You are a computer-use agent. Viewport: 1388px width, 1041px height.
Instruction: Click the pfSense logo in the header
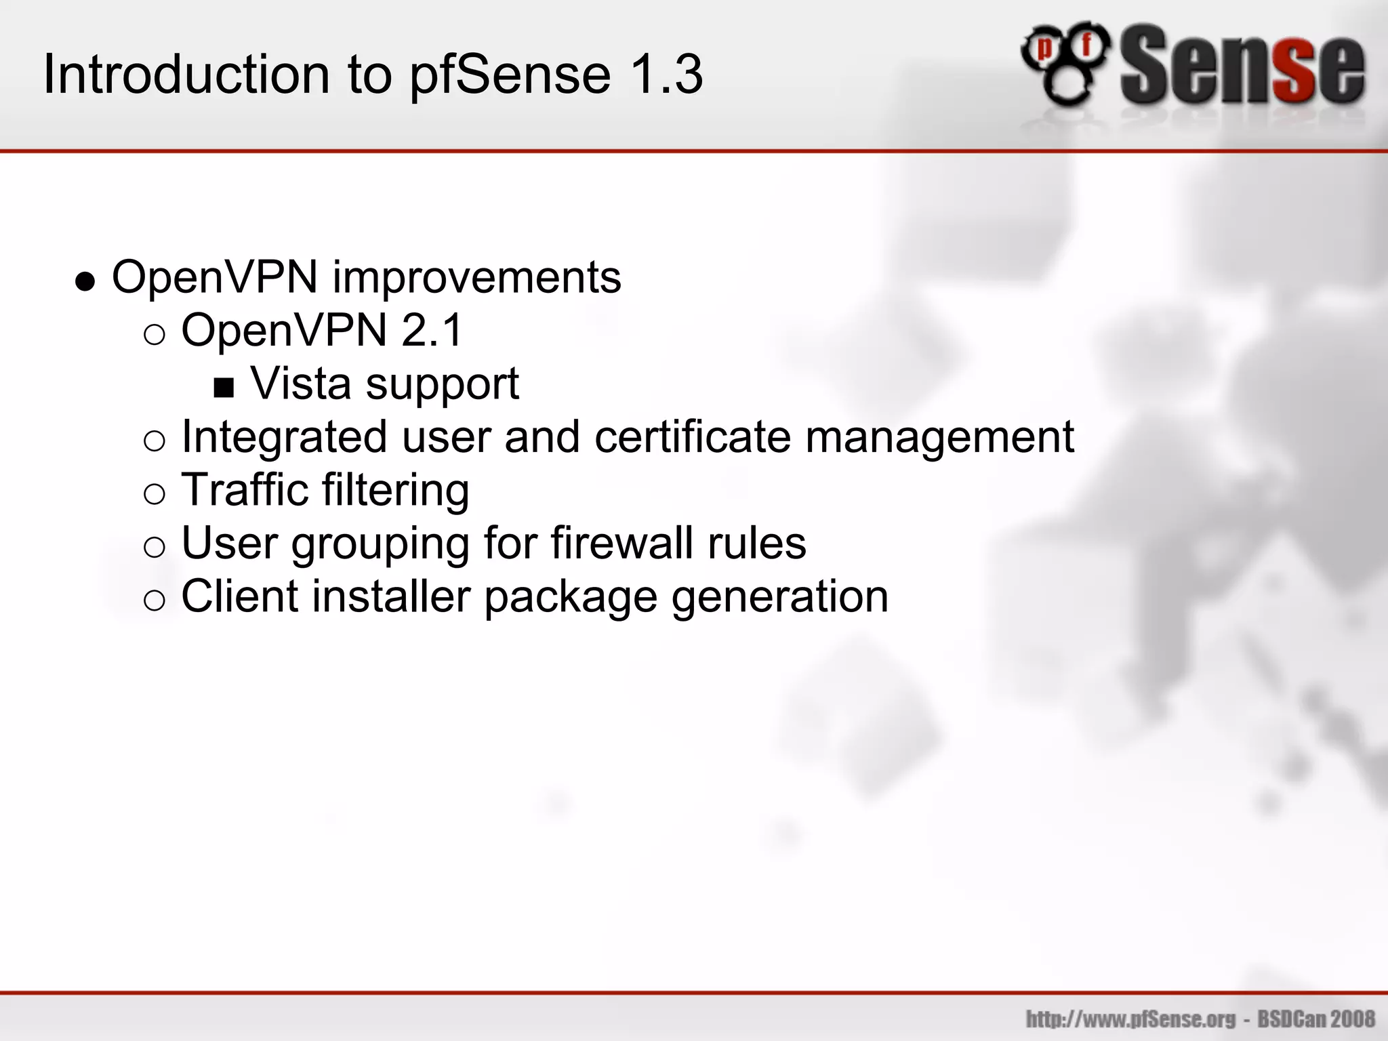point(1193,66)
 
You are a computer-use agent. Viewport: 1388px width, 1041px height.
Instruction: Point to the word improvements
point(476,278)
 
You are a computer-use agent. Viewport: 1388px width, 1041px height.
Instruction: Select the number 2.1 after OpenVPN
point(431,331)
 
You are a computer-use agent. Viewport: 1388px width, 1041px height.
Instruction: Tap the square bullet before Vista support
point(224,388)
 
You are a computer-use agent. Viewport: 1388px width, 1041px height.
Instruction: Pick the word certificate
point(693,436)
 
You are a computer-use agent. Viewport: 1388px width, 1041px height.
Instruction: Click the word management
point(939,438)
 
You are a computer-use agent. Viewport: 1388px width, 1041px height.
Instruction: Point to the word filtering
point(396,491)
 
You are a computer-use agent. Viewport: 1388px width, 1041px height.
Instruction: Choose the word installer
point(391,596)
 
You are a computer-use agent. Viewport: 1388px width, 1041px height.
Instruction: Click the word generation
point(779,598)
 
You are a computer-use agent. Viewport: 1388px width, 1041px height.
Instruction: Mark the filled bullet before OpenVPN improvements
point(85,281)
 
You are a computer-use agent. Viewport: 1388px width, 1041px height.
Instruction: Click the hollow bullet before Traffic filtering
point(155,494)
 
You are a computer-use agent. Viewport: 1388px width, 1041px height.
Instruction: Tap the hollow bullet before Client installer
point(155,600)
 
